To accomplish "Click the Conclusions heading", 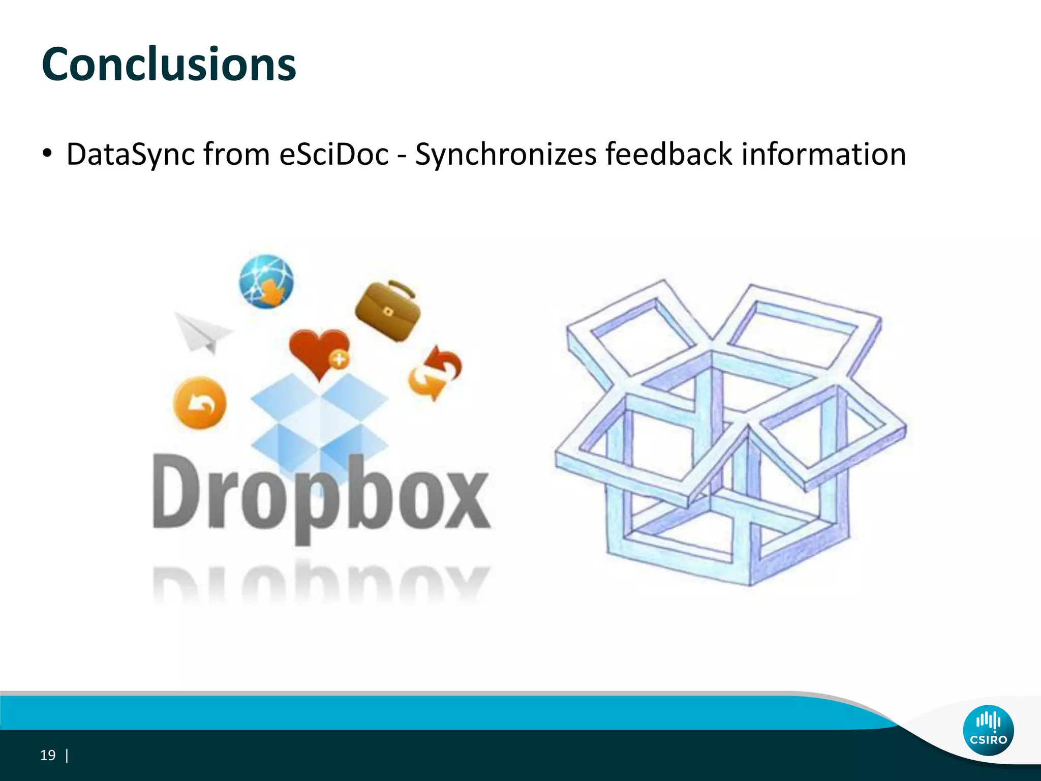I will click(x=169, y=65).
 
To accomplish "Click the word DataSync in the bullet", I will click(x=131, y=154).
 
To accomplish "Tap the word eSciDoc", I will click(x=334, y=154).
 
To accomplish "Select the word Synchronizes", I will click(x=505, y=154).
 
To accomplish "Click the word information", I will click(x=823, y=154).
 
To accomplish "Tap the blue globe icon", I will click(x=266, y=282).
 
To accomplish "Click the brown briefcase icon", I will click(x=388, y=312).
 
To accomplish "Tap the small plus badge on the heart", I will click(x=339, y=360).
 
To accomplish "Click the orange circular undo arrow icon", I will click(x=200, y=403).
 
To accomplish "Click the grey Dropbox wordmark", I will click(x=321, y=496).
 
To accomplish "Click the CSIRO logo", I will click(x=988, y=730).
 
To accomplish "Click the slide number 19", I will click(x=48, y=756).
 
